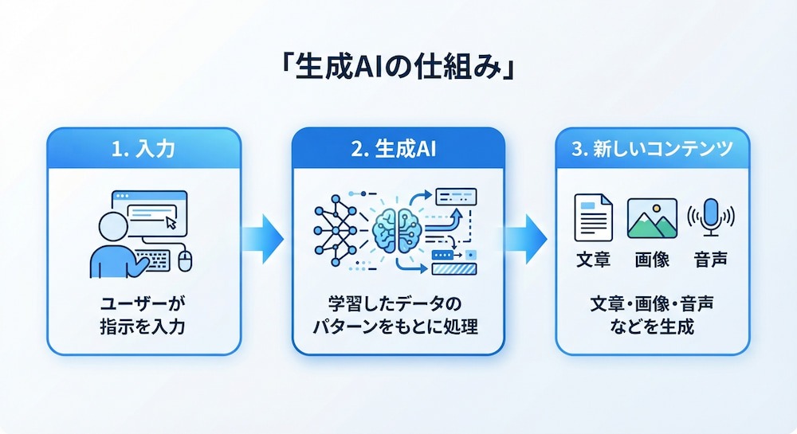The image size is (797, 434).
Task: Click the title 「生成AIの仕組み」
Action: click(398, 68)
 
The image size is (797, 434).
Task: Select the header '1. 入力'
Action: click(143, 149)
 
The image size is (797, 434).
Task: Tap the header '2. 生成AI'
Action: click(394, 149)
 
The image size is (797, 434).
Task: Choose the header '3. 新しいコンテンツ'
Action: click(652, 149)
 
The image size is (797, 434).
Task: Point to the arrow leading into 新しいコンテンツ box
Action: click(527, 239)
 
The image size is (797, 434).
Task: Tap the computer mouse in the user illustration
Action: click(185, 260)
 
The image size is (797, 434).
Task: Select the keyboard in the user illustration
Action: click(153, 260)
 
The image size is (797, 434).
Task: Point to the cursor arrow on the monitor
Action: click(171, 222)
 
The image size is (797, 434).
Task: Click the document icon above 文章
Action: click(593, 217)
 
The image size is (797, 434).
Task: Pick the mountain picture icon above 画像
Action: click(652, 218)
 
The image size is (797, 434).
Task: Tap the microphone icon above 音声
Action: click(711, 217)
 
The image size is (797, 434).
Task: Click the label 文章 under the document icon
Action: click(593, 260)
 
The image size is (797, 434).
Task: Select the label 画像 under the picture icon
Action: click(652, 260)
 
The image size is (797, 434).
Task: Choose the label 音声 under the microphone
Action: click(711, 260)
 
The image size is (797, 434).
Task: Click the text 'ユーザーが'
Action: click(143, 304)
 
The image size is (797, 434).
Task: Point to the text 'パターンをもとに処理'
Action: click(395, 326)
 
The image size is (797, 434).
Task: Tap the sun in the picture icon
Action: click(657, 208)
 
